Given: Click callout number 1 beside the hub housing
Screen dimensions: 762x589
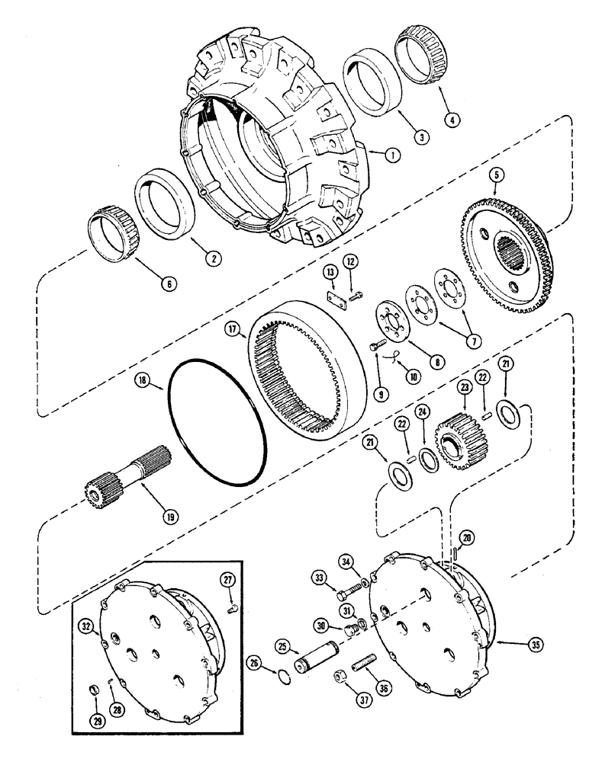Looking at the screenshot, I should coord(391,155).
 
